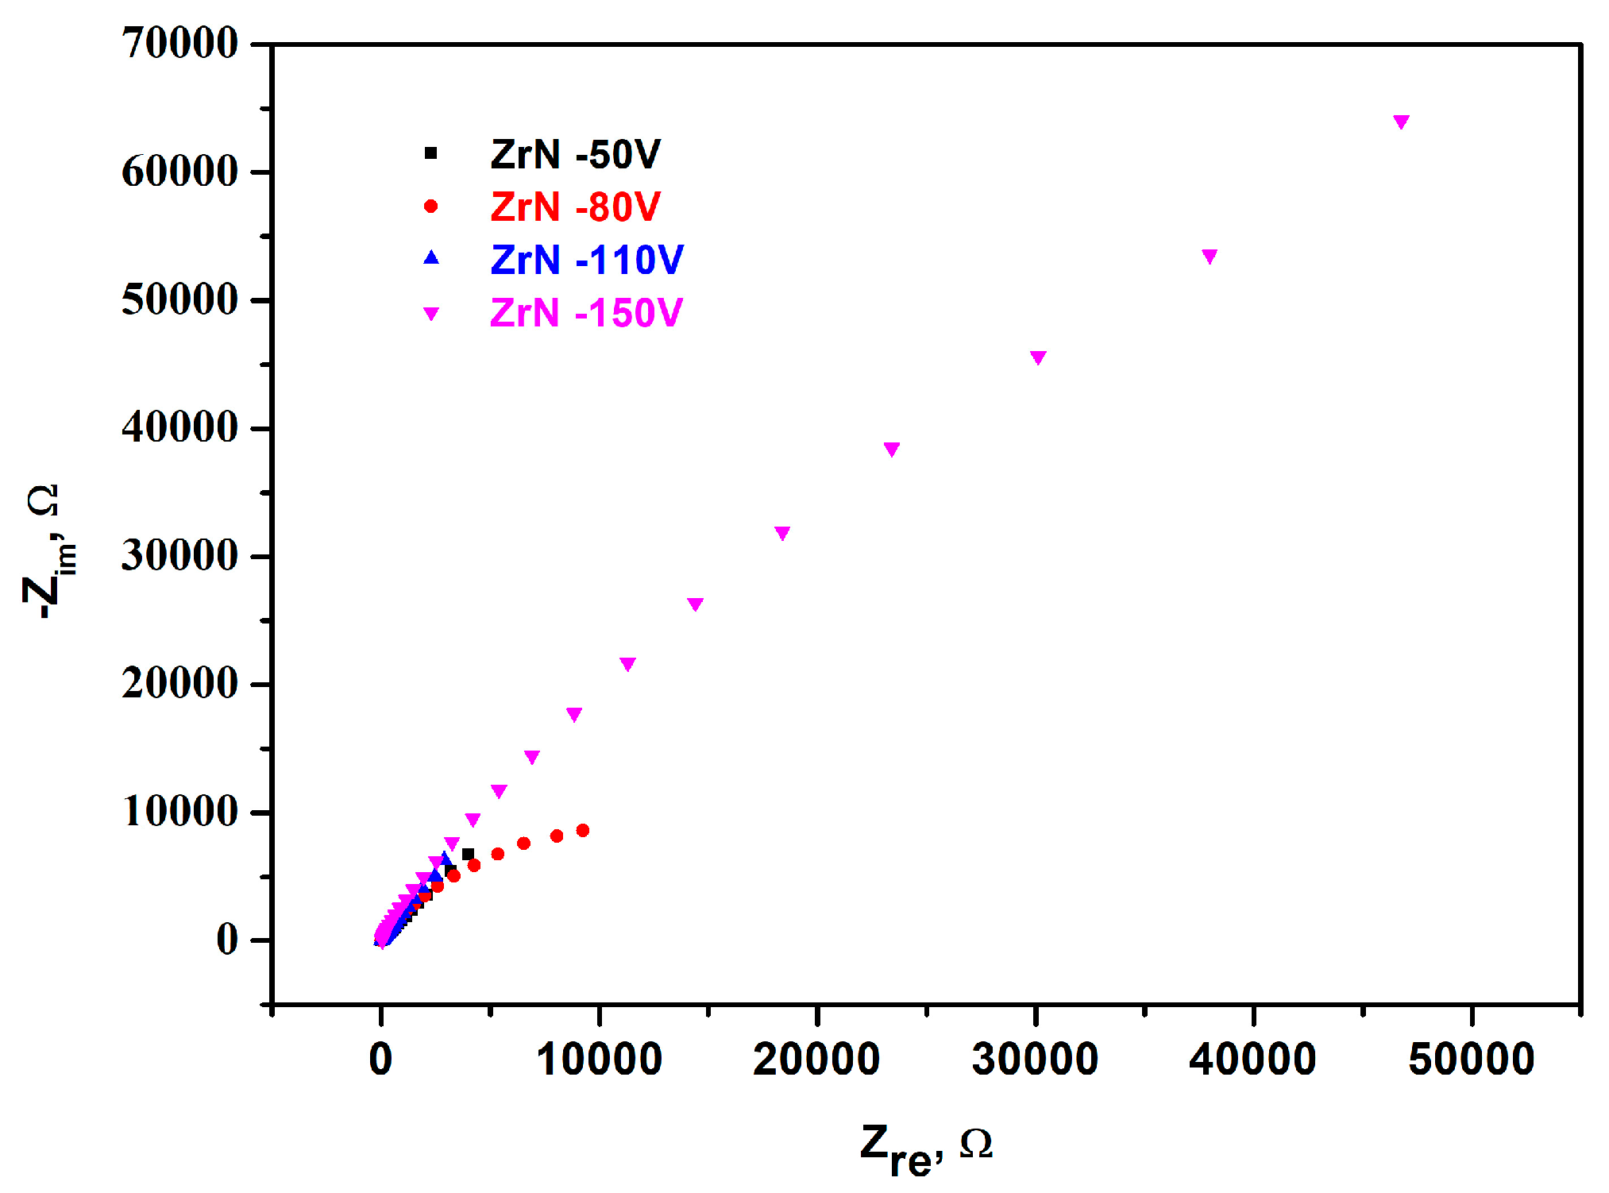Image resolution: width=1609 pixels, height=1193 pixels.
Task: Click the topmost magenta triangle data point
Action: pyautogui.click(x=1401, y=122)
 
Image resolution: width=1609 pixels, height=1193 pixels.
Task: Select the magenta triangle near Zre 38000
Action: pyautogui.click(x=1209, y=256)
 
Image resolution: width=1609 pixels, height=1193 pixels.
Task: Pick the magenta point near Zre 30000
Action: pyautogui.click(x=1037, y=357)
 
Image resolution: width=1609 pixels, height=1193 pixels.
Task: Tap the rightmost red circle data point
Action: pyautogui.click(x=582, y=830)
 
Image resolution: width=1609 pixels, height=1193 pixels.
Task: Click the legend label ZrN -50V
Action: pyautogui.click(x=575, y=154)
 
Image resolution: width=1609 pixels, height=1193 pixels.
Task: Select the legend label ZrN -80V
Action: pyautogui.click(x=575, y=207)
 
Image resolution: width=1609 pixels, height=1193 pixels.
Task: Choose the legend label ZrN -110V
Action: pyautogui.click(x=586, y=260)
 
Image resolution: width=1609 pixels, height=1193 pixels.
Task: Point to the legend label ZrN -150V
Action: pyautogui.click(x=585, y=313)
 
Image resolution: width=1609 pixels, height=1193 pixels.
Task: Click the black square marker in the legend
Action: pyautogui.click(x=430, y=153)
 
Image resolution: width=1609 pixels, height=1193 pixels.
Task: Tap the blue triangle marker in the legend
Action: pyautogui.click(x=430, y=258)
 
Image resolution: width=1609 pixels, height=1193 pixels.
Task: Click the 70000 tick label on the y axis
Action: pyautogui.click(x=179, y=43)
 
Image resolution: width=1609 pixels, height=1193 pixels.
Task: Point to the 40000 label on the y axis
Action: pyautogui.click(x=179, y=427)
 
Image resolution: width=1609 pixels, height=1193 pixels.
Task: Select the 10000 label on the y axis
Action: pyautogui.click(x=179, y=812)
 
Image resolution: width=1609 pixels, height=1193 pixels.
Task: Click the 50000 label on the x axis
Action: pyautogui.click(x=1471, y=1060)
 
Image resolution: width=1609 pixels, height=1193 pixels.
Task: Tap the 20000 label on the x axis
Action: pyautogui.click(x=816, y=1060)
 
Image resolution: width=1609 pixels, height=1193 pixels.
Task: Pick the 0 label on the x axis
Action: pyautogui.click(x=381, y=1060)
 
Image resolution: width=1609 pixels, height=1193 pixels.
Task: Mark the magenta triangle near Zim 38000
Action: pyautogui.click(x=891, y=450)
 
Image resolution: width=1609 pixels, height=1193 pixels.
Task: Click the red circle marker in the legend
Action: pyautogui.click(x=430, y=207)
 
